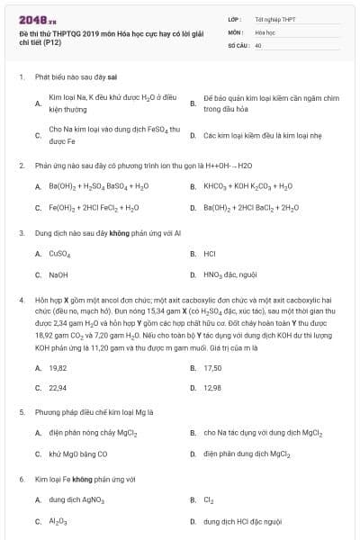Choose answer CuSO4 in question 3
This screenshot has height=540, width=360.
59,254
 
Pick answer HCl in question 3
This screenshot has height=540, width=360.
210,254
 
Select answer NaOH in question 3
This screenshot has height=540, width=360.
58,274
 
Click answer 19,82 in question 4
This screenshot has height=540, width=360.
58,368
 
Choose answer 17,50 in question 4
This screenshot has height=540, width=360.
212,368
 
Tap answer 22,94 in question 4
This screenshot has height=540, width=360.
58,388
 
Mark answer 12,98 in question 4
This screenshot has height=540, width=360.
212,388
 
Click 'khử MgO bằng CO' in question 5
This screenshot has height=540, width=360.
78,454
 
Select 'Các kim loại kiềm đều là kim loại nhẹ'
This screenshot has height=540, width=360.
262,136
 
